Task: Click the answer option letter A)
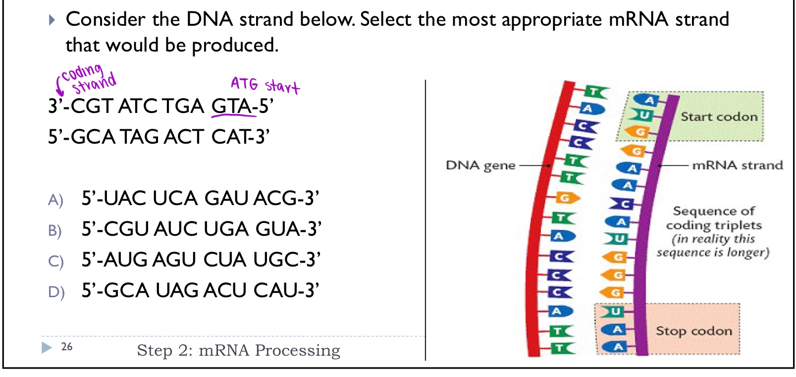(x=55, y=200)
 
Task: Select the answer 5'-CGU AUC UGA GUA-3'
(x=201, y=229)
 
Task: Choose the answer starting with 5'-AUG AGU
(x=201, y=260)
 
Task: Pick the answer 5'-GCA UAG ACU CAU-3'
(x=200, y=291)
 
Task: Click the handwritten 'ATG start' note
(x=265, y=85)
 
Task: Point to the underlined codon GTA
(x=231, y=107)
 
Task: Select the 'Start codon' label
(x=719, y=117)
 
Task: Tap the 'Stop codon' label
(x=693, y=331)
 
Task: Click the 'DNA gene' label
(x=480, y=165)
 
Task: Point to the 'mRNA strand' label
(x=737, y=165)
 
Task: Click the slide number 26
(x=67, y=347)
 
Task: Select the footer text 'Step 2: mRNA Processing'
(x=238, y=351)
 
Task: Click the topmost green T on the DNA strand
(x=595, y=92)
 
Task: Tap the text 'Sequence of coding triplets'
(x=713, y=218)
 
